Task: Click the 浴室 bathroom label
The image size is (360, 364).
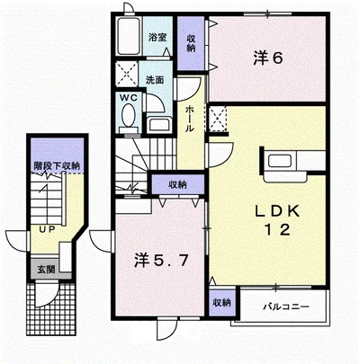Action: tap(157, 38)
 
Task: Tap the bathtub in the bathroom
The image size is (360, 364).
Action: tap(129, 36)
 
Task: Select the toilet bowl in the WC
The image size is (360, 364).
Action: tap(129, 115)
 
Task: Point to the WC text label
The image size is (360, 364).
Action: tap(129, 98)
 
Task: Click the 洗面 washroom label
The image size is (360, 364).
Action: tap(155, 80)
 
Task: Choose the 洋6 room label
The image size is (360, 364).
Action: tap(268, 58)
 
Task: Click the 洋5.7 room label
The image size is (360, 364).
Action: tap(161, 260)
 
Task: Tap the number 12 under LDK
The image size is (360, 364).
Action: tap(277, 230)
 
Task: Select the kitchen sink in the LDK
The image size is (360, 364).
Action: tap(280, 161)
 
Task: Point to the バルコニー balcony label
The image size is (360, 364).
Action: tap(286, 306)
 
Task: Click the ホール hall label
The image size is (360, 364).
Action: tap(190, 119)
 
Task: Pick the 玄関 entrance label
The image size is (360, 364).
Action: tap(46, 270)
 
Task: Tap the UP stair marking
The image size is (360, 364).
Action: tap(48, 229)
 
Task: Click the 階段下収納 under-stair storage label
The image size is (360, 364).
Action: tap(57, 166)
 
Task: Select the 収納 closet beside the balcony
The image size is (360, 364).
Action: tap(222, 303)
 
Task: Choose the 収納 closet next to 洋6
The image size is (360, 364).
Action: tap(191, 44)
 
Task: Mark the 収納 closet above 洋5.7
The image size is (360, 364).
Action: tap(178, 184)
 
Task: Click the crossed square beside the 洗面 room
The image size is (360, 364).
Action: tap(127, 73)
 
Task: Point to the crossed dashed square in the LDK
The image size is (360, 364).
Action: tap(217, 119)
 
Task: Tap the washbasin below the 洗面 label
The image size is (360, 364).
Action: tap(160, 124)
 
